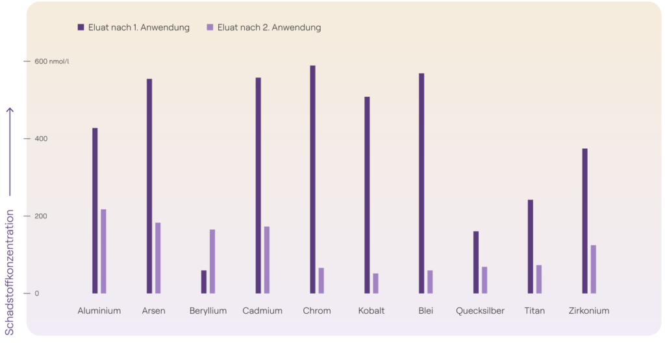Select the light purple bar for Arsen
pyautogui.click(x=158, y=257)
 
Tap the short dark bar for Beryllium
pyautogui.click(x=204, y=281)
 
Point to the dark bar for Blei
pyautogui.click(x=421, y=183)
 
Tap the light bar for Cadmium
pyautogui.click(x=266, y=259)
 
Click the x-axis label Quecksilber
pyautogui.click(x=480, y=311)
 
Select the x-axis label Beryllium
pyautogui.click(x=208, y=311)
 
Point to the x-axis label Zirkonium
pyautogui.click(x=589, y=311)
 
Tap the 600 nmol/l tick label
pyautogui.click(x=51, y=62)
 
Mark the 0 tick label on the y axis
pyautogui.click(x=37, y=294)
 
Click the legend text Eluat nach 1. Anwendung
pyautogui.click(x=139, y=28)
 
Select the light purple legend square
pyautogui.click(x=210, y=27)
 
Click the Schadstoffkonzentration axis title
pyautogui.click(x=10, y=272)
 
